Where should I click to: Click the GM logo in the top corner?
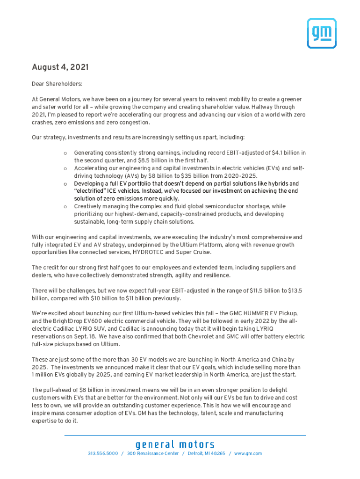click(321, 33)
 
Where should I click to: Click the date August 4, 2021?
click(60, 67)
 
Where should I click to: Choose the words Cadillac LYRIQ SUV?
click(82, 329)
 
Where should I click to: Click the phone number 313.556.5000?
click(103, 454)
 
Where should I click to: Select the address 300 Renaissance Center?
click(153, 454)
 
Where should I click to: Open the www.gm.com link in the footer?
click(248, 454)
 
